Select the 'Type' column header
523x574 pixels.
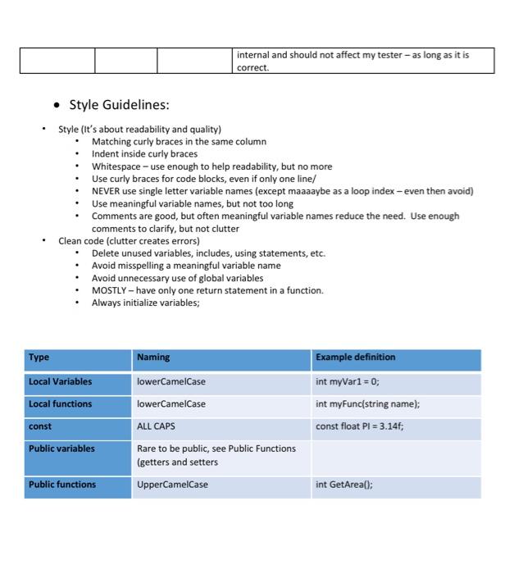pyautogui.click(x=39, y=358)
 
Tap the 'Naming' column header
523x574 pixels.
pyautogui.click(x=153, y=358)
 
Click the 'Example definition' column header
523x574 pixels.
pyautogui.click(x=355, y=358)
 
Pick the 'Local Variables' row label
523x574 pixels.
pyautogui.click(x=60, y=382)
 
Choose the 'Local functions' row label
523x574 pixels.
pyautogui.click(x=60, y=404)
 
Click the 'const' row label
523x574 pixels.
pyautogui.click(x=40, y=426)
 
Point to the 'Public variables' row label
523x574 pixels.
pyautogui.click(x=61, y=449)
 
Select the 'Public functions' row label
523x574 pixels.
pyautogui.click(x=62, y=485)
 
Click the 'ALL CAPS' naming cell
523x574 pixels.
pyautogui.click(x=156, y=426)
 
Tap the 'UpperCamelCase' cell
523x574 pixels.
pyautogui.click(x=172, y=485)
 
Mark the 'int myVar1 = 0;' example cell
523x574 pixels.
pyautogui.click(x=347, y=382)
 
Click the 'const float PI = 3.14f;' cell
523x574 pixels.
pyautogui.click(x=359, y=426)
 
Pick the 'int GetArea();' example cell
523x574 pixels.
pyautogui.click(x=343, y=485)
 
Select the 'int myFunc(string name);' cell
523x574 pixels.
pyautogui.click(x=367, y=404)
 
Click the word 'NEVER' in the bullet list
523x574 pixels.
pyautogui.click(x=107, y=191)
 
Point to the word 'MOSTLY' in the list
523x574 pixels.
pyautogui.click(x=108, y=290)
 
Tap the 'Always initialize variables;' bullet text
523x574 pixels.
pyautogui.click(x=145, y=303)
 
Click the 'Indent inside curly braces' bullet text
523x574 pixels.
pyautogui.click(x=144, y=154)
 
